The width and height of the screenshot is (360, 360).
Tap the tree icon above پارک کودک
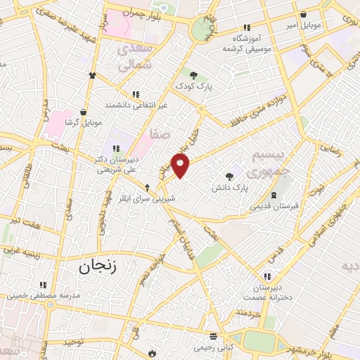tap(193, 74)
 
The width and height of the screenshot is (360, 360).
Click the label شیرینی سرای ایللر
tap(146, 198)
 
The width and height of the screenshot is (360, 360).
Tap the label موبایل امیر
tap(303, 25)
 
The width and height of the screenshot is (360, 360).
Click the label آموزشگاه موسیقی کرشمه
tap(247, 44)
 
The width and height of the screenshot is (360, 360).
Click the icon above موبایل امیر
tap(303, 14)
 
